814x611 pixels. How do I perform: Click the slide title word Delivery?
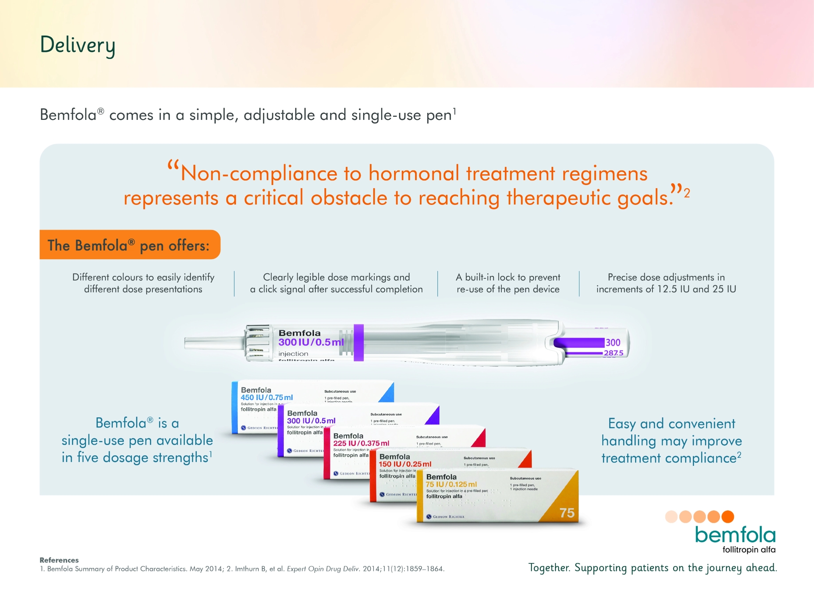77,45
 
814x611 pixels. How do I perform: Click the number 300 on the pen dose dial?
613,342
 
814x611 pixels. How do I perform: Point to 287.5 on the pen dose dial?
613,353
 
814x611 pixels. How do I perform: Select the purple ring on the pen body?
358,342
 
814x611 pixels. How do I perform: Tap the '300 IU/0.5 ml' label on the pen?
311,342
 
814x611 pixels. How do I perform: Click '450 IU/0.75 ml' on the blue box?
267,397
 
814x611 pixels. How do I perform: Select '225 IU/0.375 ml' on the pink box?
361,443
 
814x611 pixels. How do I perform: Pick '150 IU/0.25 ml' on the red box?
405,464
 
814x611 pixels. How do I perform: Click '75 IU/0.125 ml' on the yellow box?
451,484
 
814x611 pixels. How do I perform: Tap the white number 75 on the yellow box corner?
567,513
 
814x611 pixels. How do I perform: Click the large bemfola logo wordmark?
735,535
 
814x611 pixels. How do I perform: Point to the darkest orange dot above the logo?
728,517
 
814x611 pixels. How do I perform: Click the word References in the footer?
59,560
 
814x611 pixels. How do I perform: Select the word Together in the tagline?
549,567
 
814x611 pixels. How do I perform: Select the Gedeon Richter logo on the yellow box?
445,517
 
